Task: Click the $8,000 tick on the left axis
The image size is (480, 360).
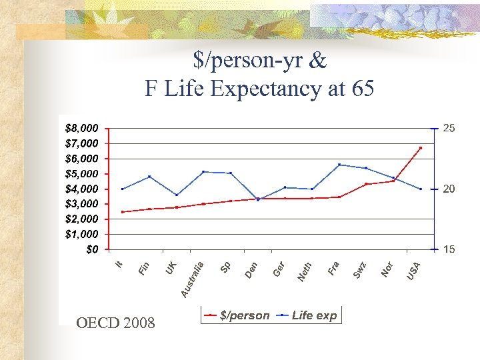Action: (82, 127)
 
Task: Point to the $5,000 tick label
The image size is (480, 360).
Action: (82, 173)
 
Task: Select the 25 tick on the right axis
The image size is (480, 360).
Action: (449, 127)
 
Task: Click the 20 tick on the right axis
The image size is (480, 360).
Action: (449, 189)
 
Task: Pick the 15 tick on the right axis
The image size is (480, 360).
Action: (449, 249)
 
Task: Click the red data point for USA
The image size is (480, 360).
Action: (421, 148)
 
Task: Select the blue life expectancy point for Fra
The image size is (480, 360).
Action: (339, 165)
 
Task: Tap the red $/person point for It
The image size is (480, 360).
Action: (123, 212)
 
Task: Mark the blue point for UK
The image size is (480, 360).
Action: (177, 195)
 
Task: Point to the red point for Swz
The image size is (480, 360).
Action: (366, 184)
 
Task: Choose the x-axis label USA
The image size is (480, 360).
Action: (414, 270)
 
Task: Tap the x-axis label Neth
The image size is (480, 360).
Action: (305, 271)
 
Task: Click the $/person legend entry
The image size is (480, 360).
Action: (237, 315)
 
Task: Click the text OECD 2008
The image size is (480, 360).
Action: (115, 323)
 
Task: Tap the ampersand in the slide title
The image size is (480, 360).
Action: (318, 61)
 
